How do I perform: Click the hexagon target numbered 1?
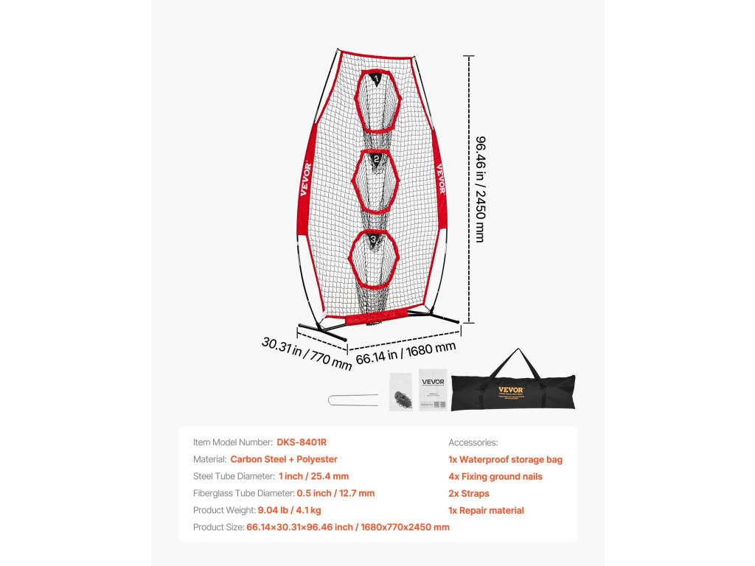coord(377,103)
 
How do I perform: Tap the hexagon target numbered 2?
coord(376,181)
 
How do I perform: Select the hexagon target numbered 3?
coord(375,259)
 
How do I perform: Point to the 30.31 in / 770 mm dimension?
coord(306,353)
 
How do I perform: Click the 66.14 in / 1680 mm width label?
coord(406,352)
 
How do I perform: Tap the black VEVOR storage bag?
coord(513,392)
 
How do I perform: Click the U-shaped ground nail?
coord(352,399)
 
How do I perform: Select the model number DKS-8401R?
coord(302,442)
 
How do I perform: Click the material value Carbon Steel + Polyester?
coord(289,459)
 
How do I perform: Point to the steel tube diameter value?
coord(313,476)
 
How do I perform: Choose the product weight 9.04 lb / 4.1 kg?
coord(289,510)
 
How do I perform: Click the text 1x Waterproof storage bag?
coord(505,459)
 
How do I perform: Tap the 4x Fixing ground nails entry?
coord(495,476)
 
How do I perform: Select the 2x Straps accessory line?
coord(468,493)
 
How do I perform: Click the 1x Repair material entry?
coord(486,510)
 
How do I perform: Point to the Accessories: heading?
coord(473,442)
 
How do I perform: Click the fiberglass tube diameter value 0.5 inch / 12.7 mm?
coord(335,493)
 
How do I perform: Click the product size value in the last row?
coord(347,527)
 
